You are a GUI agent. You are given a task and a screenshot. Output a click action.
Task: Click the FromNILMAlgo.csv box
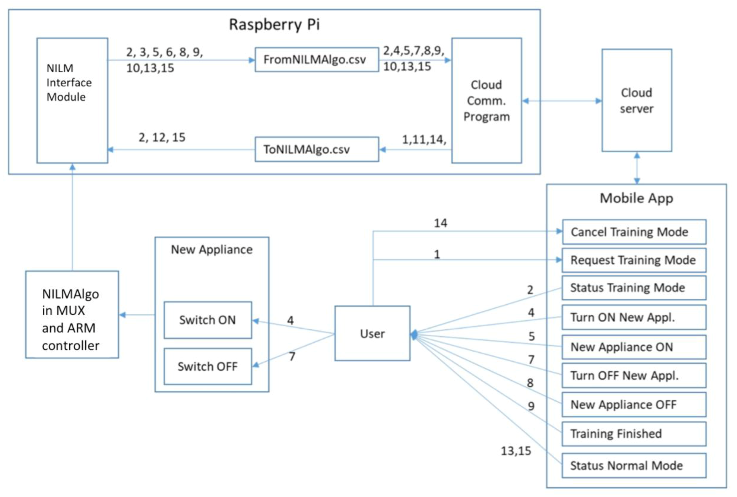[317, 60]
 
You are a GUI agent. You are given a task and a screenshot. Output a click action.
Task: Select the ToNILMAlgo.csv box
[317, 149]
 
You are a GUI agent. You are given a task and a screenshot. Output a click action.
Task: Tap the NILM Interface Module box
[72, 100]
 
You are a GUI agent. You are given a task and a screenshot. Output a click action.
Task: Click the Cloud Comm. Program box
[486, 100]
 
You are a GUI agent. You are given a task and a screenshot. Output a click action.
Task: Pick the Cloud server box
[636, 100]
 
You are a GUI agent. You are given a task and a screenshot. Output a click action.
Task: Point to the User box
[372, 333]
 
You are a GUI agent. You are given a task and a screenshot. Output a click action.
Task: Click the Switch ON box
[208, 320]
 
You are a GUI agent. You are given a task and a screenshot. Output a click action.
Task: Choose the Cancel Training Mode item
[634, 232]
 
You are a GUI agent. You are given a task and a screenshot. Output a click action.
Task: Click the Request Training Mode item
[634, 260]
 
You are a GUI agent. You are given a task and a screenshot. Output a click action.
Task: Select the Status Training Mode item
[634, 288]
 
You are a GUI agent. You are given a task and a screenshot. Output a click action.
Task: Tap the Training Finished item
[634, 434]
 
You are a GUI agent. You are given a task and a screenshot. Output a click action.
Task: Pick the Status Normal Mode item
[634, 465]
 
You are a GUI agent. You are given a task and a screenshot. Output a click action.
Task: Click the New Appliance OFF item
[634, 404]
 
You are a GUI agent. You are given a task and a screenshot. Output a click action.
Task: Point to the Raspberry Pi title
[274, 24]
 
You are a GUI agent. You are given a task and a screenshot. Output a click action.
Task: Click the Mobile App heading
[636, 198]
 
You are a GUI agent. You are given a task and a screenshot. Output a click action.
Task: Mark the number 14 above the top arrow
[441, 223]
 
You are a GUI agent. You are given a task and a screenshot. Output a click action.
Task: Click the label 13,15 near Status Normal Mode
[516, 451]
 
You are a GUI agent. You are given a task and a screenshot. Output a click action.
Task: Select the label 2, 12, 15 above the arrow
[162, 137]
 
